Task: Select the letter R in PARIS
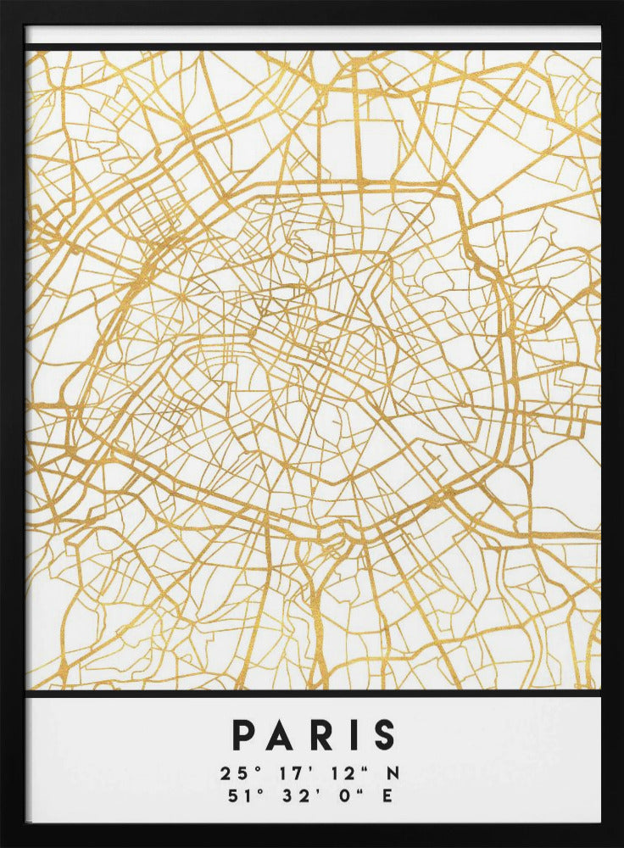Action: pyautogui.click(x=320, y=735)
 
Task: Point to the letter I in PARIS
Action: pyautogui.click(x=350, y=735)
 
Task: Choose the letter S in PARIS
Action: pyautogui.click(x=382, y=735)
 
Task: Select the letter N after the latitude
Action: pyautogui.click(x=393, y=773)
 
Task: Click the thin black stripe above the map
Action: pyautogui.click(x=312, y=47)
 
